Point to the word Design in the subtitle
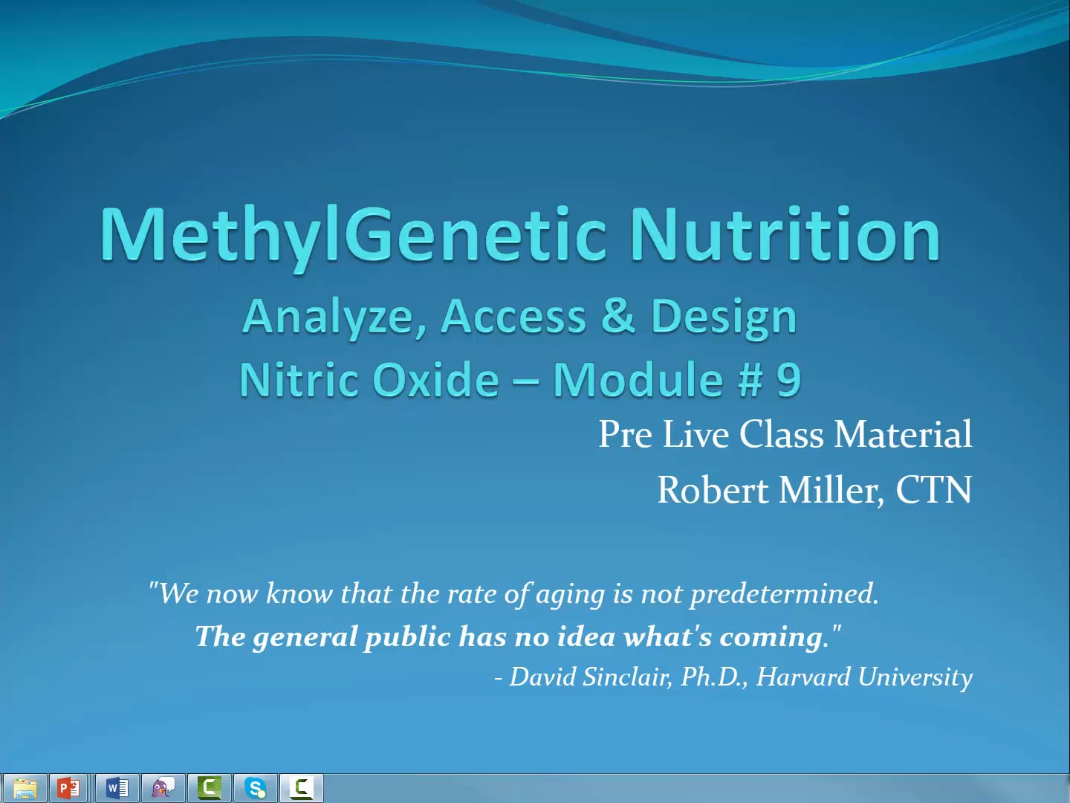(x=723, y=317)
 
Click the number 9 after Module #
(x=788, y=380)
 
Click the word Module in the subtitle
(x=638, y=380)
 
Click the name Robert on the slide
(x=713, y=490)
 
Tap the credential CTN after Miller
(x=933, y=490)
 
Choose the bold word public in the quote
(x=407, y=637)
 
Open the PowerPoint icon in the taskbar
(x=69, y=787)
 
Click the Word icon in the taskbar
(x=117, y=787)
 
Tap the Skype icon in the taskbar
(x=256, y=787)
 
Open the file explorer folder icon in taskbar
(x=25, y=787)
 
